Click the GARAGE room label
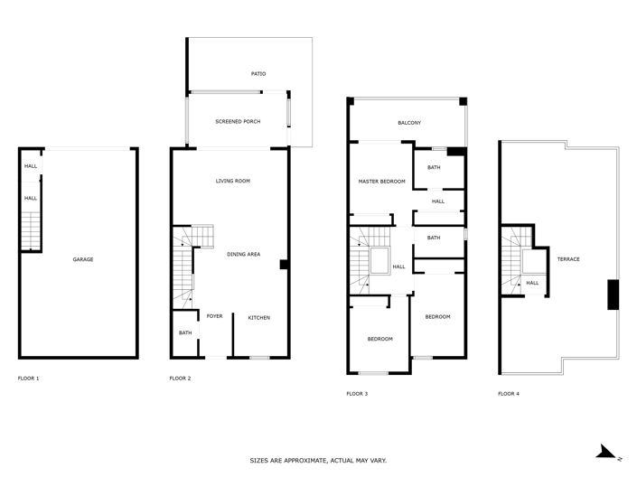pyautogui.click(x=83, y=259)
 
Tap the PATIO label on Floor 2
pyautogui.click(x=259, y=74)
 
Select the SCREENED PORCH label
pyautogui.click(x=238, y=121)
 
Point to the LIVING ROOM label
pyautogui.click(x=232, y=181)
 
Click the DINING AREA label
pyautogui.click(x=243, y=255)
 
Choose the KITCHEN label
pyautogui.click(x=259, y=317)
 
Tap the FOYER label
pyautogui.click(x=214, y=316)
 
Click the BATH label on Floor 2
pyautogui.click(x=185, y=332)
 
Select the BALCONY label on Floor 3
pyautogui.click(x=409, y=123)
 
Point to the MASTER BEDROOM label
pyautogui.click(x=380, y=182)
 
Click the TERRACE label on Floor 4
pyautogui.click(x=567, y=259)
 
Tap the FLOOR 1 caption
pyautogui.click(x=28, y=379)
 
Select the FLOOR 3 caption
pyautogui.click(x=357, y=394)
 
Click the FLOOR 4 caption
pyautogui.click(x=510, y=394)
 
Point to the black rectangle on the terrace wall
pyautogui.click(x=613, y=295)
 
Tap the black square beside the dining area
pyautogui.click(x=284, y=265)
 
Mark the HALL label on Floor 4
pyautogui.click(x=532, y=283)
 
